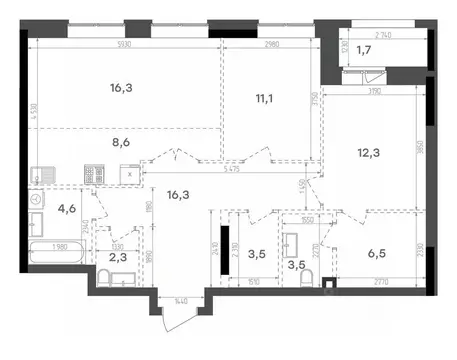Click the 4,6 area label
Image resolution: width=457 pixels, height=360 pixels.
(x=66, y=209)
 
